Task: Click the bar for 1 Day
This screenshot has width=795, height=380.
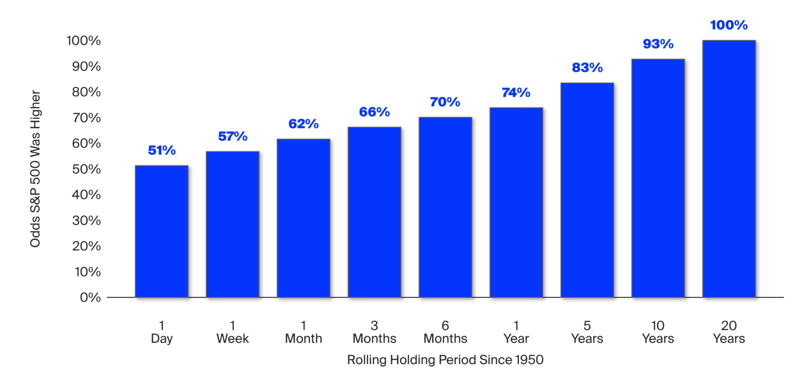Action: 162,231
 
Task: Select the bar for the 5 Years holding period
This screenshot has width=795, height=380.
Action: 587,190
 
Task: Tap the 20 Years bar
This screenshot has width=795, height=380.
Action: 729,169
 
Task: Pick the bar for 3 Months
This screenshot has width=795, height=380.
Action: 374,212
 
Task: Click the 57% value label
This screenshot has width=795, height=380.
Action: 232,136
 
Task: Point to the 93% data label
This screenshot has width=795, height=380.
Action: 658,44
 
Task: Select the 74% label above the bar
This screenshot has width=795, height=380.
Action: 516,92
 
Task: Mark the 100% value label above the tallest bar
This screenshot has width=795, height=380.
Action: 729,25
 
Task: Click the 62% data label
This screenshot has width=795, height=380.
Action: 304,124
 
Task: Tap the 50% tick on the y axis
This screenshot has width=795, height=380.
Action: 86,169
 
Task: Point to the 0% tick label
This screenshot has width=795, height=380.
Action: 91,297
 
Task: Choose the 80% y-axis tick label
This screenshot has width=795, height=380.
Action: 86,92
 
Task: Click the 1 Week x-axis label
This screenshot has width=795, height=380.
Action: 232,332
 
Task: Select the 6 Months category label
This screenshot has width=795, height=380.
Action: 446,332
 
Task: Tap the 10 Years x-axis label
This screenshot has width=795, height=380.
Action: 658,332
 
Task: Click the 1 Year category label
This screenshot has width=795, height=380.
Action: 516,332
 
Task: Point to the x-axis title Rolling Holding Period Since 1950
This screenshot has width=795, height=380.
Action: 446,360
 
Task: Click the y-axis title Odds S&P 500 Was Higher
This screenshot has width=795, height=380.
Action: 36,169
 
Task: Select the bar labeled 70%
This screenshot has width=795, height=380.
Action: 446,207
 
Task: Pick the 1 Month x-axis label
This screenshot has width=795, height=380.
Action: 304,332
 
